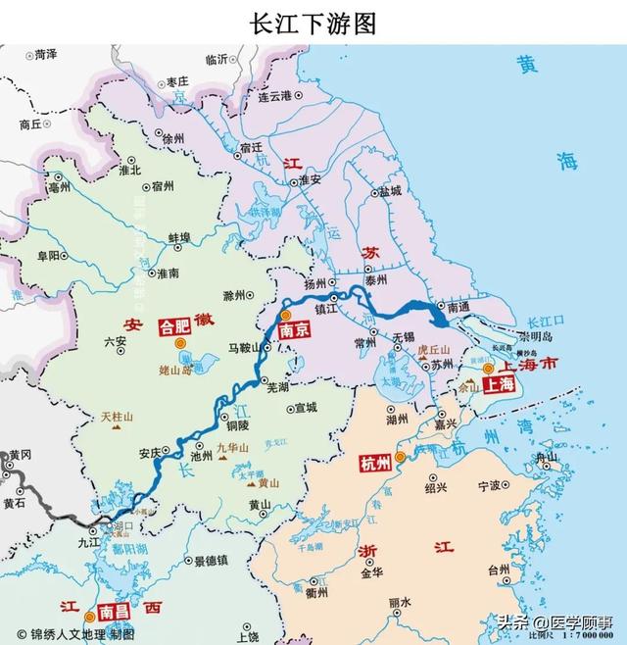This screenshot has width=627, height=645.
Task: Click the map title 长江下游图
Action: point(313,23)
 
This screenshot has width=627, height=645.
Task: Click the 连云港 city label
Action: point(275,96)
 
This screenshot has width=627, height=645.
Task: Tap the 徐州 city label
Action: point(173,139)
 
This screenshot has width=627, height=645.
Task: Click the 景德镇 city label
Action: point(211,561)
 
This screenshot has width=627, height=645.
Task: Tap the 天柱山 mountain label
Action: point(117,417)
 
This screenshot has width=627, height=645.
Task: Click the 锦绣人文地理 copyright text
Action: point(73,634)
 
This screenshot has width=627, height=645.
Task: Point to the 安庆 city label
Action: point(149,454)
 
